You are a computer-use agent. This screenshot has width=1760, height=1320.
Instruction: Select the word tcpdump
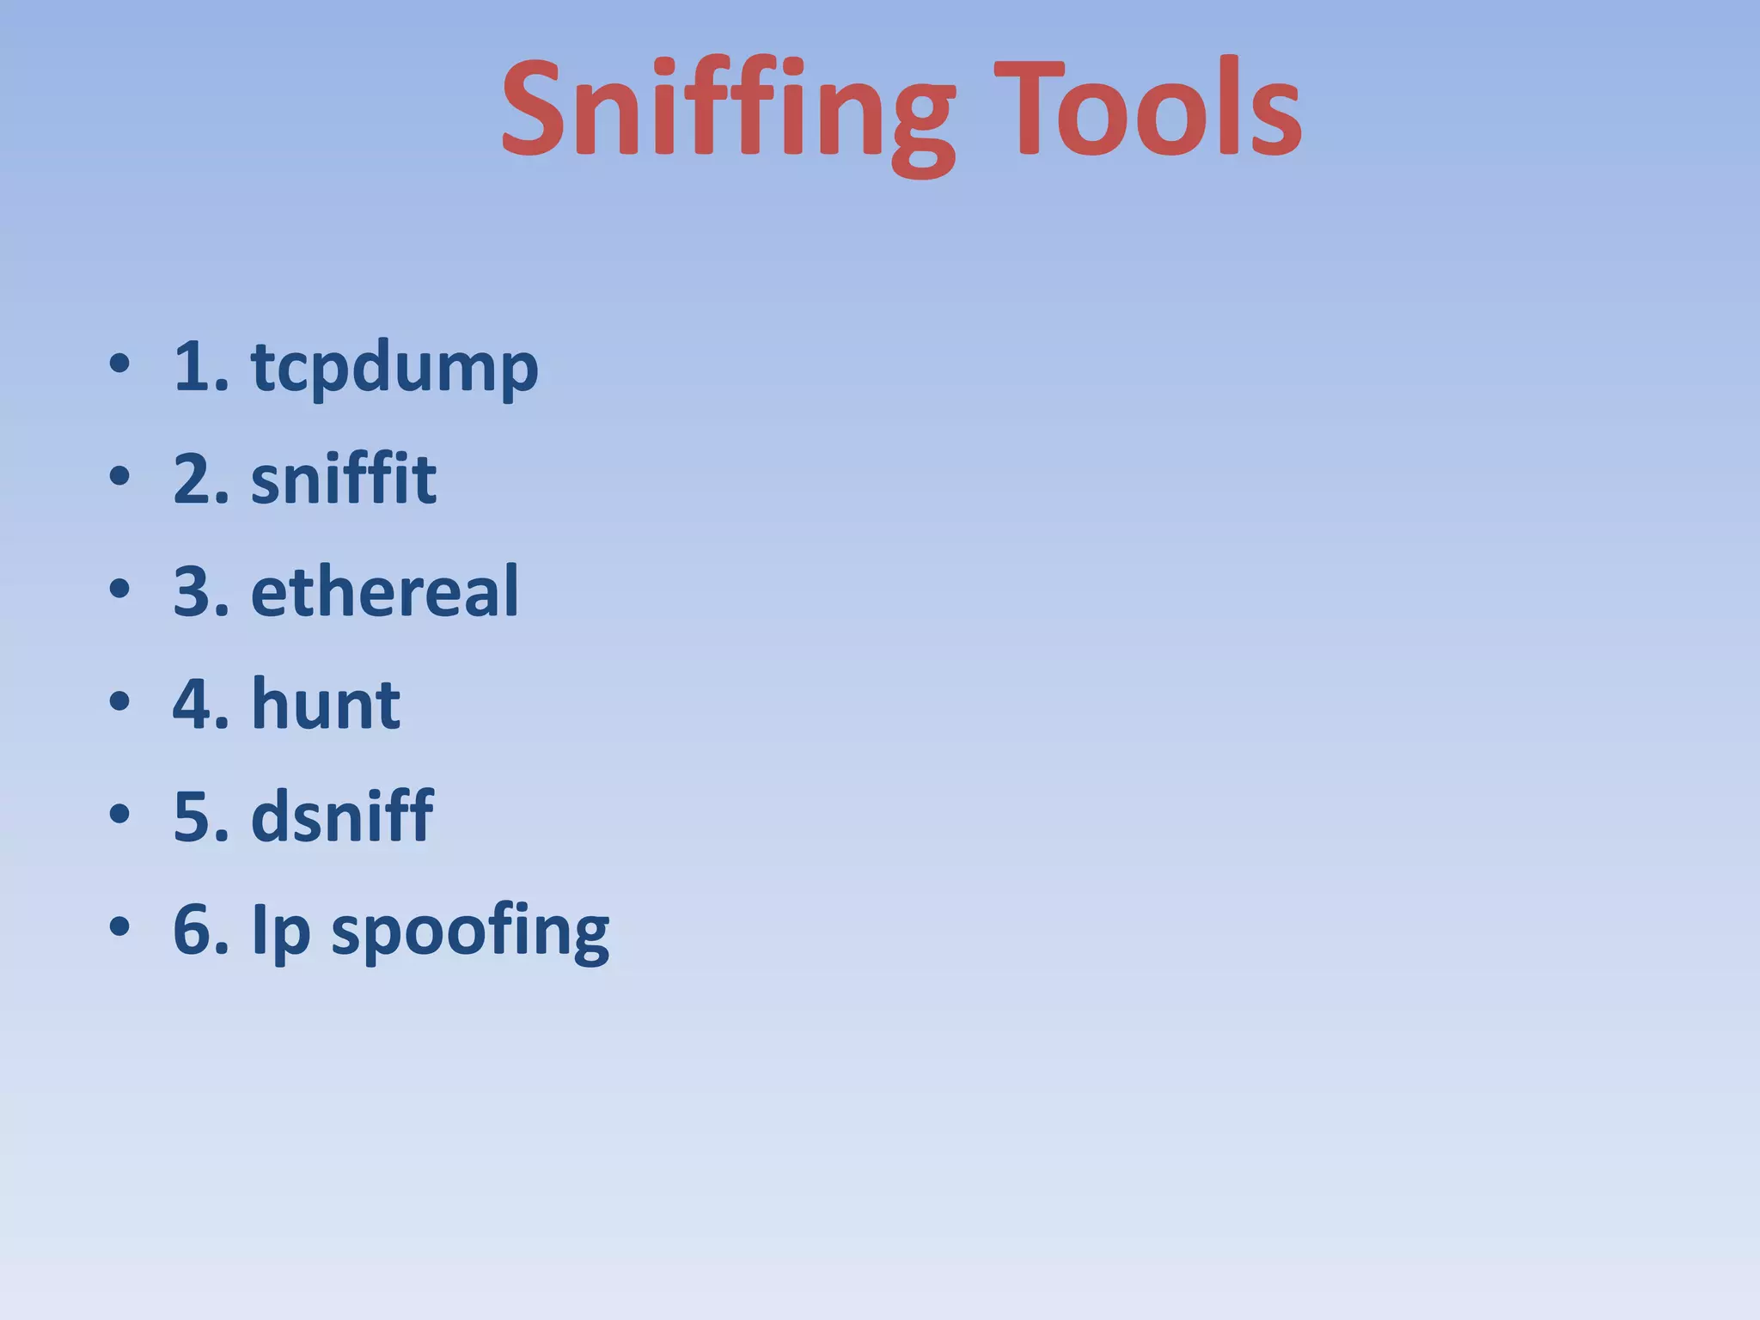pyautogui.click(x=394, y=368)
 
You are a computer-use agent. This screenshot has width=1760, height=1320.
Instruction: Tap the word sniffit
pyautogui.click(x=344, y=479)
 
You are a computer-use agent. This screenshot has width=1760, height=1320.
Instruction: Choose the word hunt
pyautogui.click(x=326, y=704)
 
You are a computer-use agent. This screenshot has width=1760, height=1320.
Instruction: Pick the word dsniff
pyautogui.click(x=342, y=816)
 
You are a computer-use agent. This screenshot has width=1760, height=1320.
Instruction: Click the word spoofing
pyautogui.click(x=470, y=931)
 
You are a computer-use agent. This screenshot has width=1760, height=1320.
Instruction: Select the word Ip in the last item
pyautogui.click(x=280, y=931)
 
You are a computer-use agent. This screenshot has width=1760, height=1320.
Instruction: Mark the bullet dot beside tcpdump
pyautogui.click(x=119, y=364)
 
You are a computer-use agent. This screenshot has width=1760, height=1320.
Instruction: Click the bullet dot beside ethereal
pyautogui.click(x=119, y=590)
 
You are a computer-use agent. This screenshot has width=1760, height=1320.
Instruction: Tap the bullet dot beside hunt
pyautogui.click(x=119, y=702)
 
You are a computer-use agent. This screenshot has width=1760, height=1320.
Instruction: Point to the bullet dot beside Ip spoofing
pyautogui.click(x=119, y=927)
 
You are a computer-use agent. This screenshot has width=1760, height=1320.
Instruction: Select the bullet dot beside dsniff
pyautogui.click(x=119, y=815)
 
